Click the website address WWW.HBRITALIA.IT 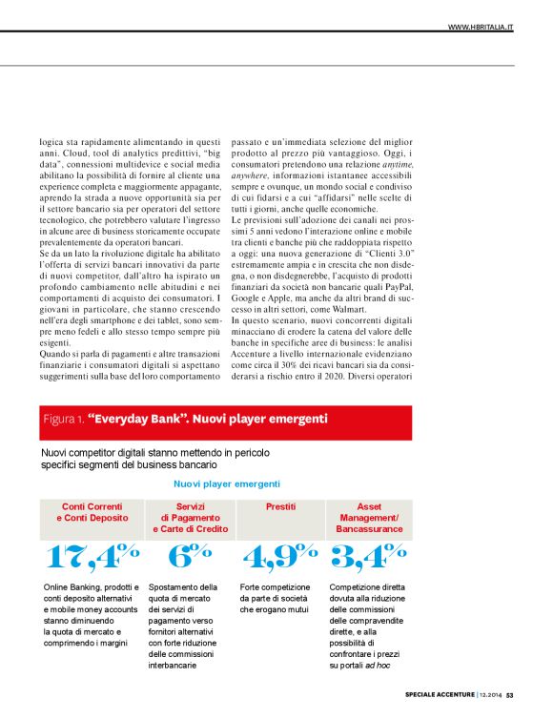tap(481, 27)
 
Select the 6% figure tap(189, 556)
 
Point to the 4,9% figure tap(279, 556)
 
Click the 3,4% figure tap(369, 556)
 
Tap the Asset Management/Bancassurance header tap(368, 517)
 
